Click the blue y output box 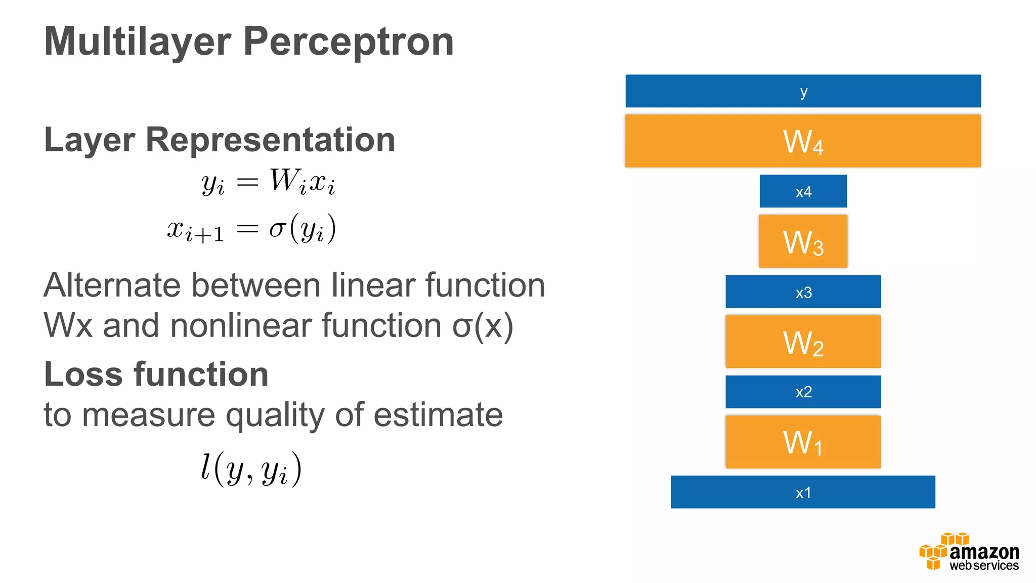tap(803, 91)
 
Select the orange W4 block tap(803, 141)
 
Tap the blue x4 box tap(803, 191)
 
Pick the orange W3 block tap(803, 241)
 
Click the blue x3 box tap(803, 291)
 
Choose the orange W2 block tap(803, 342)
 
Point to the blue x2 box tap(803, 392)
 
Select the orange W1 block tap(803, 442)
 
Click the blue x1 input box tap(803, 492)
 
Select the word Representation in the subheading tap(270, 140)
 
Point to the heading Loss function tap(156, 374)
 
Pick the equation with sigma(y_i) tap(251, 229)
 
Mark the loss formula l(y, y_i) tap(251, 469)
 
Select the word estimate tap(438, 415)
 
